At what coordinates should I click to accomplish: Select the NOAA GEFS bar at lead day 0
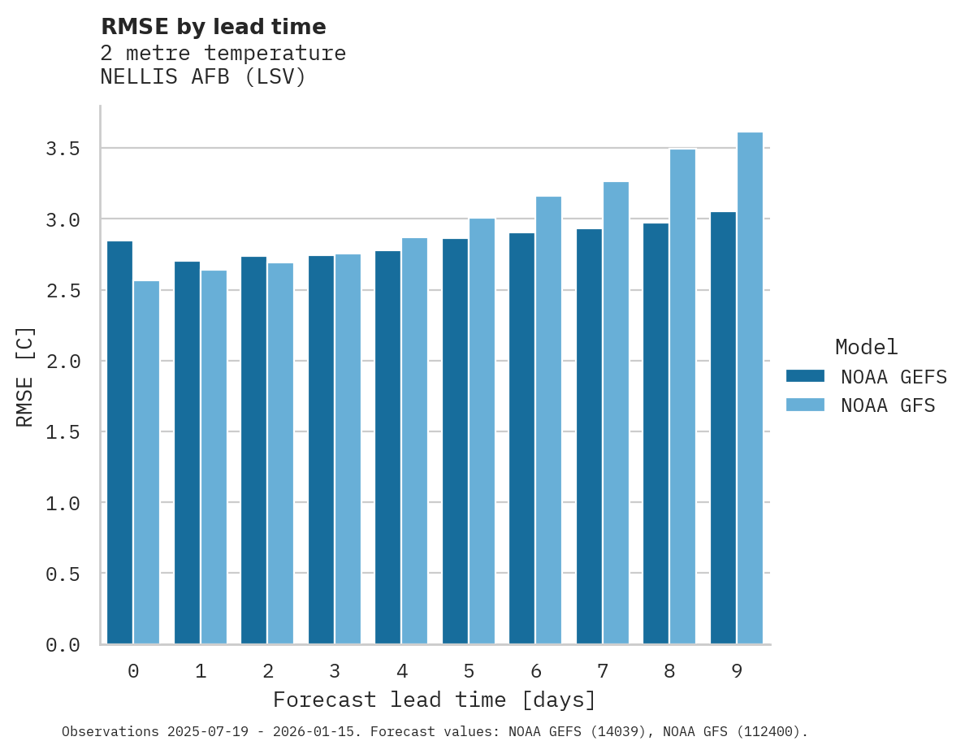119,442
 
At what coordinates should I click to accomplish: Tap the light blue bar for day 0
146,462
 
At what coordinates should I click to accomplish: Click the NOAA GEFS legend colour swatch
805,376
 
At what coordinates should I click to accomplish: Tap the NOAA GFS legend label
888,405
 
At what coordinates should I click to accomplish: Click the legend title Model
866,347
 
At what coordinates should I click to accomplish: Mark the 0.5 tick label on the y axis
63,574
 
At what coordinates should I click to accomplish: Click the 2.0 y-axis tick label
63,361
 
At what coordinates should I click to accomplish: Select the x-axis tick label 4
401,671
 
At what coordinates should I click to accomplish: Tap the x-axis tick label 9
737,671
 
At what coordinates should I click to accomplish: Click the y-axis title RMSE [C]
25,375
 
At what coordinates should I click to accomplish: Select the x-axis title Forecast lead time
434,700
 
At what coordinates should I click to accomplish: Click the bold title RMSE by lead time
213,27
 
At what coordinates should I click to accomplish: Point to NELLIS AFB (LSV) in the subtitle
203,77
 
